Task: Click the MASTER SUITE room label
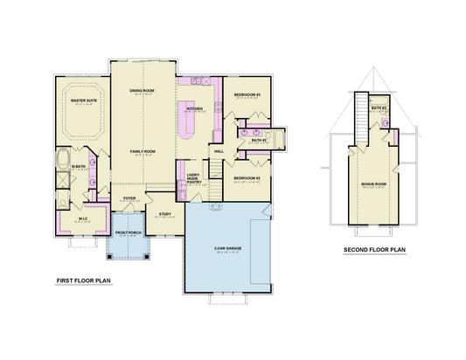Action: [84, 101]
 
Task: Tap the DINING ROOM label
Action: [143, 91]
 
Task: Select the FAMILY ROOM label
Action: [143, 151]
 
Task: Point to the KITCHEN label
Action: [194, 108]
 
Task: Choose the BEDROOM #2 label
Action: [247, 178]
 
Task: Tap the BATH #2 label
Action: [258, 140]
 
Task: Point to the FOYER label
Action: [129, 198]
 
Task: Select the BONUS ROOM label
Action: [373, 185]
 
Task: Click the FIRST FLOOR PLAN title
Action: [83, 281]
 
